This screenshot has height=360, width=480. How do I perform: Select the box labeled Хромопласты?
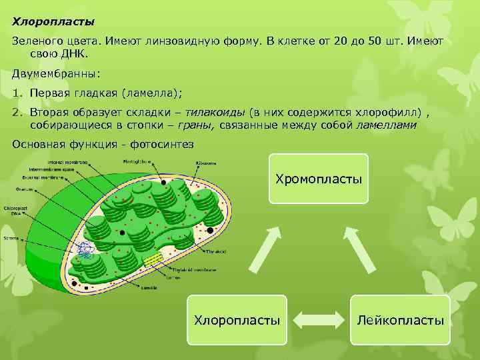coord(319,179)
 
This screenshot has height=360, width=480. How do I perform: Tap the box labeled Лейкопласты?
coord(400,320)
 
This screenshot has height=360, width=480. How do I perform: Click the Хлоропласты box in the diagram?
coord(237,320)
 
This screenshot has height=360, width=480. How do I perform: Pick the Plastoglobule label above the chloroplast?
coord(136,161)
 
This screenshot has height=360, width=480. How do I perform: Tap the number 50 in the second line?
coord(375,42)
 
